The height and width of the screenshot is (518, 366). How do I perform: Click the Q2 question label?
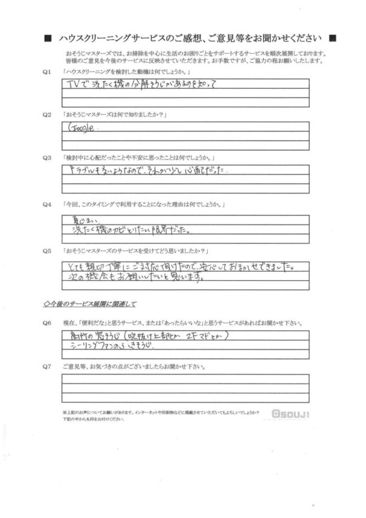coord(47,114)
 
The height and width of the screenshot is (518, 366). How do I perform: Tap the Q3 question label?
coord(47,157)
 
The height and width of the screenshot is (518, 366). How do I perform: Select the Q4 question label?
coord(47,207)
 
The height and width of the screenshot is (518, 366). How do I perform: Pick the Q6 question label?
coord(47,323)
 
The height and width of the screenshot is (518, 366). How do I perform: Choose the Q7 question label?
coord(47,366)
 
